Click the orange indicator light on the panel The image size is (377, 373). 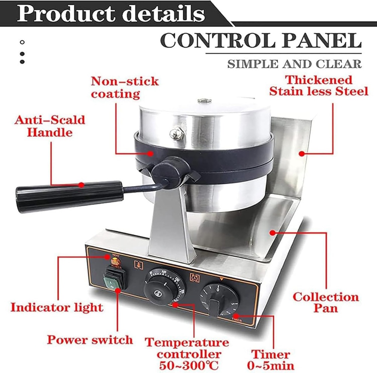coord(115,262)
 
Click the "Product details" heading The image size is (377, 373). coord(110,14)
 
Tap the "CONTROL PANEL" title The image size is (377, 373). coord(261,41)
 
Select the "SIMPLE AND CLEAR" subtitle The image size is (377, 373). coord(294,64)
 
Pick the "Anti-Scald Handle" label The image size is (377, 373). coord(50,126)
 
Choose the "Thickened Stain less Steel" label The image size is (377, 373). coord(319,85)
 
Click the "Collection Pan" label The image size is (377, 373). coord(325,302)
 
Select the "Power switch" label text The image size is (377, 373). coord(89,340)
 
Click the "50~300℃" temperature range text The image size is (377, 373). coord(189,365)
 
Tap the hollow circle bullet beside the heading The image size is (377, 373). coord(22,42)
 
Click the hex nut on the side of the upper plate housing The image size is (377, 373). coord(176,133)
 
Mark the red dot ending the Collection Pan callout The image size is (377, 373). coord(272,232)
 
